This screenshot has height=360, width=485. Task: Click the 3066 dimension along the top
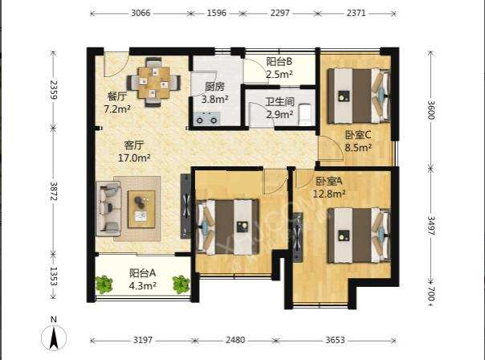click(x=141, y=13)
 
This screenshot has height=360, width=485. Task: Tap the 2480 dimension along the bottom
click(x=235, y=340)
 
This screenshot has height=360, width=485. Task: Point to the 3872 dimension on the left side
click(x=54, y=191)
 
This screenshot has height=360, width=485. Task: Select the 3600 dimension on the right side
click(x=431, y=110)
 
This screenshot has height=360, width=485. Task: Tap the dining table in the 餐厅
click(x=153, y=83)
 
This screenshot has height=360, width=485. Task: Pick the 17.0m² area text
click(x=134, y=157)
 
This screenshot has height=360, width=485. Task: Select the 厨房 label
click(x=214, y=87)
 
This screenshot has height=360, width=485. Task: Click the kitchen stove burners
click(x=206, y=119)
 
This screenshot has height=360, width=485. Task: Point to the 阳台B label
click(x=279, y=62)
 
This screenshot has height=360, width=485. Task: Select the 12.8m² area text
click(x=329, y=194)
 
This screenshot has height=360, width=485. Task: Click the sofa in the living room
click(x=108, y=209)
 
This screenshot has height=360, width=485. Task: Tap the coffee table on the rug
click(x=141, y=209)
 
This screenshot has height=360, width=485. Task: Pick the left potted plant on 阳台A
click(x=104, y=284)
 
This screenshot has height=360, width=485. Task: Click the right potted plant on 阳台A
click(x=181, y=284)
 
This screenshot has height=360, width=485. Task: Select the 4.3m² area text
click(x=142, y=286)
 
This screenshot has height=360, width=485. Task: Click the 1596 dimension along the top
click(x=217, y=13)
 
